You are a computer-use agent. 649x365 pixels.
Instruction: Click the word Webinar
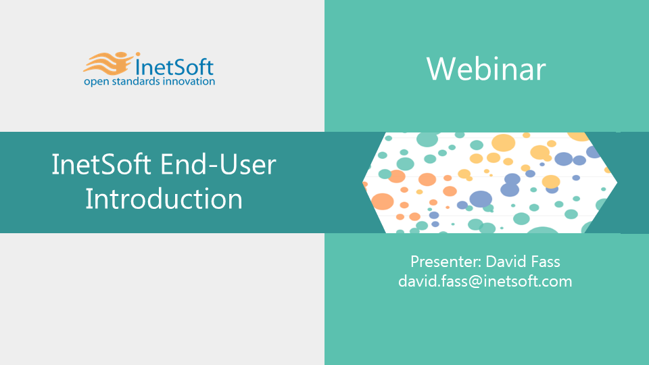pos(486,69)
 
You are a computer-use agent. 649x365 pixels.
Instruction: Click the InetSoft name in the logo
pos(174,66)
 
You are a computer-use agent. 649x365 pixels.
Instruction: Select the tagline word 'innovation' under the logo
pos(189,81)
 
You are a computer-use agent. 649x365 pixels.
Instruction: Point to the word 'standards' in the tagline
pos(136,81)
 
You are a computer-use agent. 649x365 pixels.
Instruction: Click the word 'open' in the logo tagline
pos(97,82)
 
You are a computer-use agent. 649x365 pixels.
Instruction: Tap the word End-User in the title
pos(218,164)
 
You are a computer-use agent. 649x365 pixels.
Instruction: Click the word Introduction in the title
pos(164,199)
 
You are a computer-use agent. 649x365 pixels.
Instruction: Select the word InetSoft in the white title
pos(101,164)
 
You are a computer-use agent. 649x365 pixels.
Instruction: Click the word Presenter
pos(446,262)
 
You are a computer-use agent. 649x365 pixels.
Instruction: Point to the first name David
pos(506,262)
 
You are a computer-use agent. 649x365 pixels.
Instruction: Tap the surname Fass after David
pos(545,262)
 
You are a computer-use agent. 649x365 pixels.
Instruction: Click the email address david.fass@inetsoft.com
pos(485,281)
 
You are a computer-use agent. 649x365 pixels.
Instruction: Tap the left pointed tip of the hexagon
pos(362,182)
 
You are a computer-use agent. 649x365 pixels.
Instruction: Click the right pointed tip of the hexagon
pos(617,182)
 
